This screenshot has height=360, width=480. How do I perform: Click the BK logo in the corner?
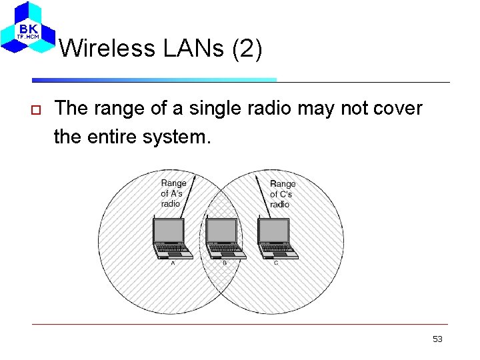27,28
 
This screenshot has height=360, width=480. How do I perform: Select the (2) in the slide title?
247,48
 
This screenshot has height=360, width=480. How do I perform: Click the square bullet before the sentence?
37,109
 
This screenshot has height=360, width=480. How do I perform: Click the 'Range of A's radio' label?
173,193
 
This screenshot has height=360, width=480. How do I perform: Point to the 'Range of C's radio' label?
282,193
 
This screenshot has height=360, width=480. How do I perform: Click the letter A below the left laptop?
173,263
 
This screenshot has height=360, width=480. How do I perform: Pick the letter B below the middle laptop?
225,263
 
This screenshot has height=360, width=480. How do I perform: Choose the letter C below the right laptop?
276,263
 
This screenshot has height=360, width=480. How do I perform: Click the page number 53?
437,339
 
